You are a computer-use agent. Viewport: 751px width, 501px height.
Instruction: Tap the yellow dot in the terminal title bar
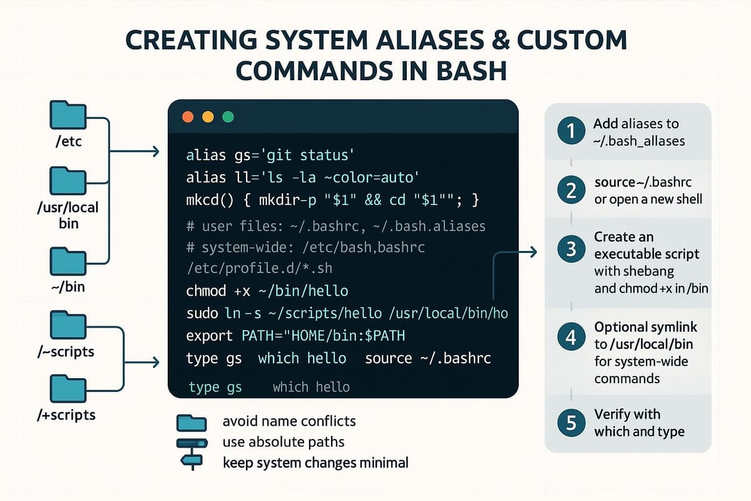(208, 117)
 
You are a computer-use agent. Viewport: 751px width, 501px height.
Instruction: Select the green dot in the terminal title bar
(228, 117)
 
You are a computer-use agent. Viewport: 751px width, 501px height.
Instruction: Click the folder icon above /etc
(67, 115)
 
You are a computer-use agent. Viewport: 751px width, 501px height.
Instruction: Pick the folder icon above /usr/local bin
(67, 180)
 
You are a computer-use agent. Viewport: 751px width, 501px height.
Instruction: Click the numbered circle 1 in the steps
(570, 132)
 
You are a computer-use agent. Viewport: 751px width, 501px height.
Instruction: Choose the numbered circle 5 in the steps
(570, 423)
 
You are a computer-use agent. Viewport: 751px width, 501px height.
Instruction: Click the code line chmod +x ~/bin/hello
(267, 291)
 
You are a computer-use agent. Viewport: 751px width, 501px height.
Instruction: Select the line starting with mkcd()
(332, 200)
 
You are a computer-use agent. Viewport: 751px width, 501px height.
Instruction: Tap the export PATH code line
(295, 336)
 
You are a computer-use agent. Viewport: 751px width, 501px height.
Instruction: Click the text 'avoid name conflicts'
(289, 421)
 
